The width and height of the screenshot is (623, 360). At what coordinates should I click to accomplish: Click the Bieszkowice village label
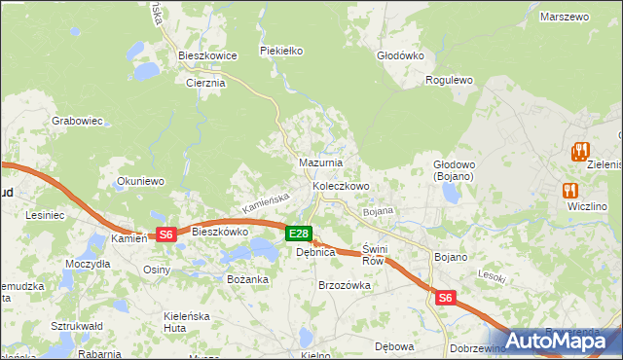[x=208, y=55]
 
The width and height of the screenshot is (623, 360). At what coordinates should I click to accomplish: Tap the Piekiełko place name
[x=282, y=50]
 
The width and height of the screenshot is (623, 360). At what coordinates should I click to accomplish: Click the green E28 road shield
[x=299, y=234]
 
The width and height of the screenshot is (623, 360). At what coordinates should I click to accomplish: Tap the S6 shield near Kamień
[x=165, y=234]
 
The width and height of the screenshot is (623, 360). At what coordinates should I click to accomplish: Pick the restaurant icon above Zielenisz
[x=581, y=152]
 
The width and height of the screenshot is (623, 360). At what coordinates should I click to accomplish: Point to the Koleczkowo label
[x=341, y=185]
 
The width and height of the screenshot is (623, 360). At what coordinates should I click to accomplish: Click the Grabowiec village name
[x=78, y=121]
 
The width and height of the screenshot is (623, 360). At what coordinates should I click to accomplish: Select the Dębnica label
[x=315, y=252]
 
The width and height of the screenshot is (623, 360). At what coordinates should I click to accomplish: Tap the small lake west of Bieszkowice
[x=147, y=70]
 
